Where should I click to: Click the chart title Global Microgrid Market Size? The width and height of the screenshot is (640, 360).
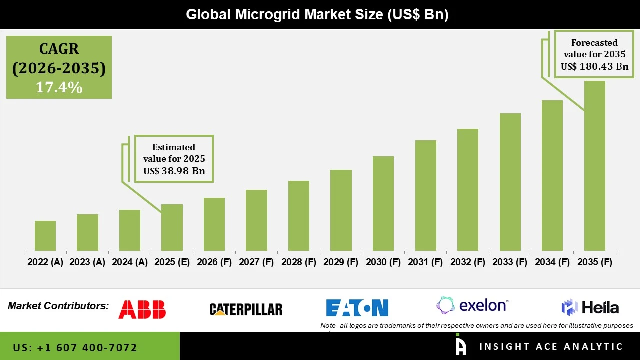317,14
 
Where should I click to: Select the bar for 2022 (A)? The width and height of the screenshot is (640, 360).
45,236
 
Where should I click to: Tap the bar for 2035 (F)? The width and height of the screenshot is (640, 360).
594,166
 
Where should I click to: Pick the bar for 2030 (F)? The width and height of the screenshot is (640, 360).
383,204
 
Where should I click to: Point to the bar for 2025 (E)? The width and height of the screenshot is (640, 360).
172,228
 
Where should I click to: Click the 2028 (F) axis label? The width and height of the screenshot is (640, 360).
299,262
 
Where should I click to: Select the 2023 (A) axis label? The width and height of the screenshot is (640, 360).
87,262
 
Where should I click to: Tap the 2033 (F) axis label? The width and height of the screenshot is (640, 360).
510,262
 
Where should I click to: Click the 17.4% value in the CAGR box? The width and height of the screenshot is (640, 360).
59,87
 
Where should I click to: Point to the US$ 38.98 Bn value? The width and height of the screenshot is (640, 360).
174,171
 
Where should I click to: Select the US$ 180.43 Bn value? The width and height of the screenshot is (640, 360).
594,66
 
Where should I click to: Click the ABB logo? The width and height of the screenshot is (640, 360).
142,309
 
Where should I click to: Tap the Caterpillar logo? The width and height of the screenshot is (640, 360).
246,310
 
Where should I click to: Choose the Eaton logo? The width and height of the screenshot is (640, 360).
357,308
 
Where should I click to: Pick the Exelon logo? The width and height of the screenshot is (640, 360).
473,305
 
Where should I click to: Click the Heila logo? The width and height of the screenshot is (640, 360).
590,307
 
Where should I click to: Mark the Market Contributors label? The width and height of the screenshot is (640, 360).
58,306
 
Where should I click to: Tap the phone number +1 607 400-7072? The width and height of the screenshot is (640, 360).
75,347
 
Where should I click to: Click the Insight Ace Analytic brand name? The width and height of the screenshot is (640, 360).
551,346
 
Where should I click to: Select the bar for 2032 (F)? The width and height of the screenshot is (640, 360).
467,190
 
